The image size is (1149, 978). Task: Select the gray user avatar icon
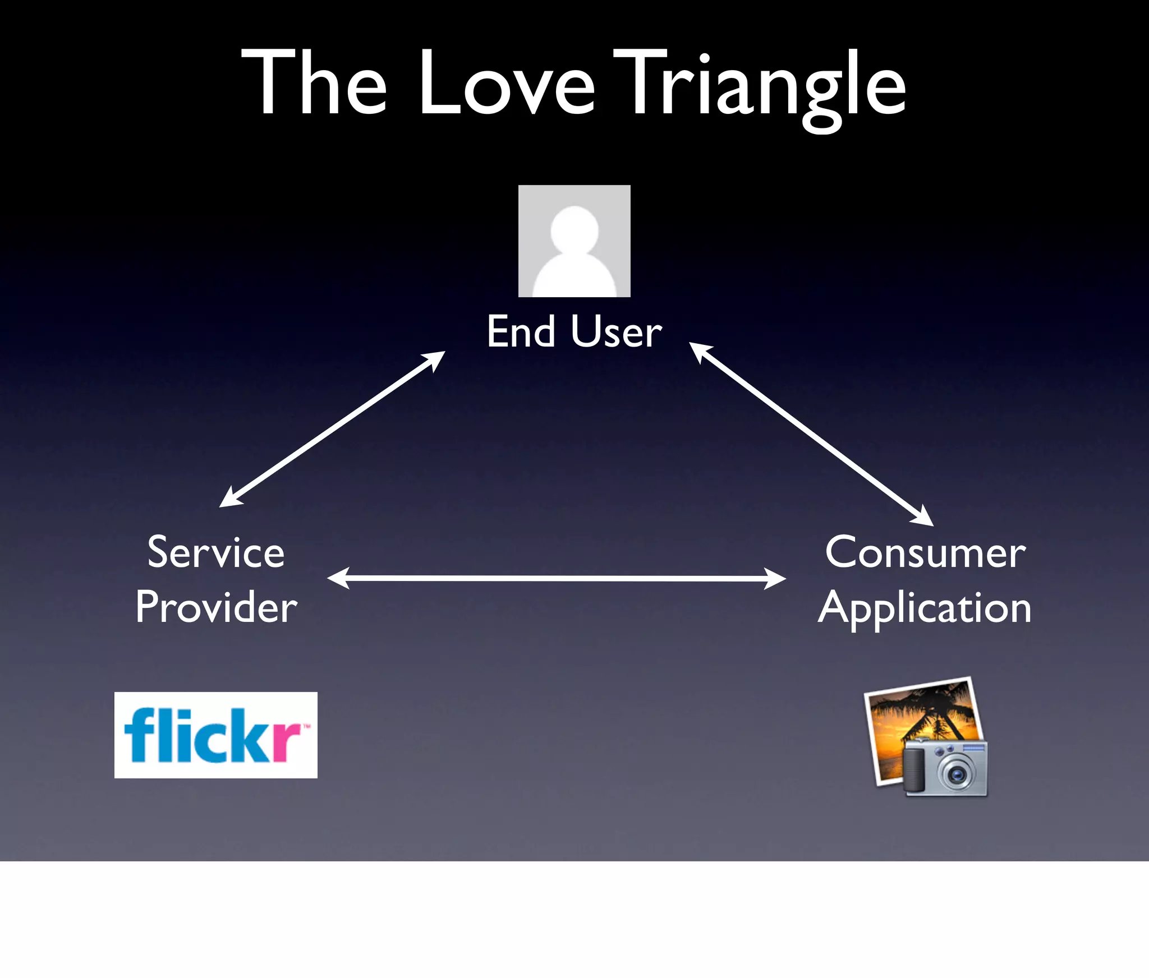click(574, 241)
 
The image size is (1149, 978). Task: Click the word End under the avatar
click(521, 331)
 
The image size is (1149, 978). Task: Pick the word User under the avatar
click(617, 331)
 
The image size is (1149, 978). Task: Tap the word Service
click(216, 552)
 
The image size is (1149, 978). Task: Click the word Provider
click(216, 607)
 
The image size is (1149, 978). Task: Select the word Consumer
click(925, 552)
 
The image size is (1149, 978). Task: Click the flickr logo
click(215, 735)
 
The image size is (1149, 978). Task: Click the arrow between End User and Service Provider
click(332, 429)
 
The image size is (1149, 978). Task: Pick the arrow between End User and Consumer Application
click(811, 434)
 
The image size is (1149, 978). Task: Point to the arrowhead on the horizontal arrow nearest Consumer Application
click(776, 579)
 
